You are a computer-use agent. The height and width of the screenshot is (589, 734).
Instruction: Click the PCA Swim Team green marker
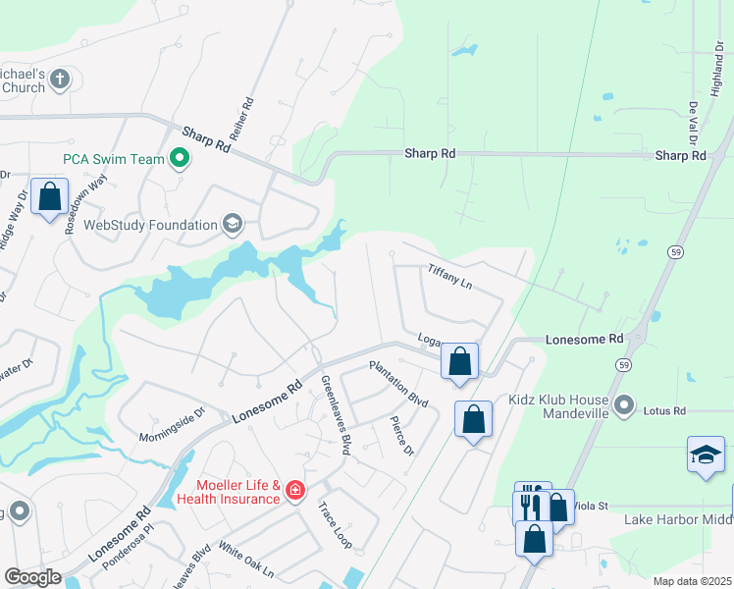pyautogui.click(x=180, y=158)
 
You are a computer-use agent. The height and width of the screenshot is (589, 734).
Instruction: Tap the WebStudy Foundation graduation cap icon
pyautogui.click(x=233, y=225)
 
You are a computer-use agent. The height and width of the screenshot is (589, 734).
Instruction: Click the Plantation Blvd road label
pyautogui.click(x=399, y=385)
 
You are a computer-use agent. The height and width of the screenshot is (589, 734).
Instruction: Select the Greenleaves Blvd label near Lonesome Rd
pyautogui.click(x=337, y=415)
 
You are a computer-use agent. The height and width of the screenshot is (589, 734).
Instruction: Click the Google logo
pyautogui.click(x=32, y=577)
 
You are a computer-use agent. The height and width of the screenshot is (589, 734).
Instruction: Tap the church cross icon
pyautogui.click(x=60, y=80)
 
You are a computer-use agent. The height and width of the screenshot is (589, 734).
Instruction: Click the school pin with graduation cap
pyautogui.click(x=706, y=455)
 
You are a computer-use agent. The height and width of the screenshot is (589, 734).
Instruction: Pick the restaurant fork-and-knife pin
pyautogui.click(x=529, y=503)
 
